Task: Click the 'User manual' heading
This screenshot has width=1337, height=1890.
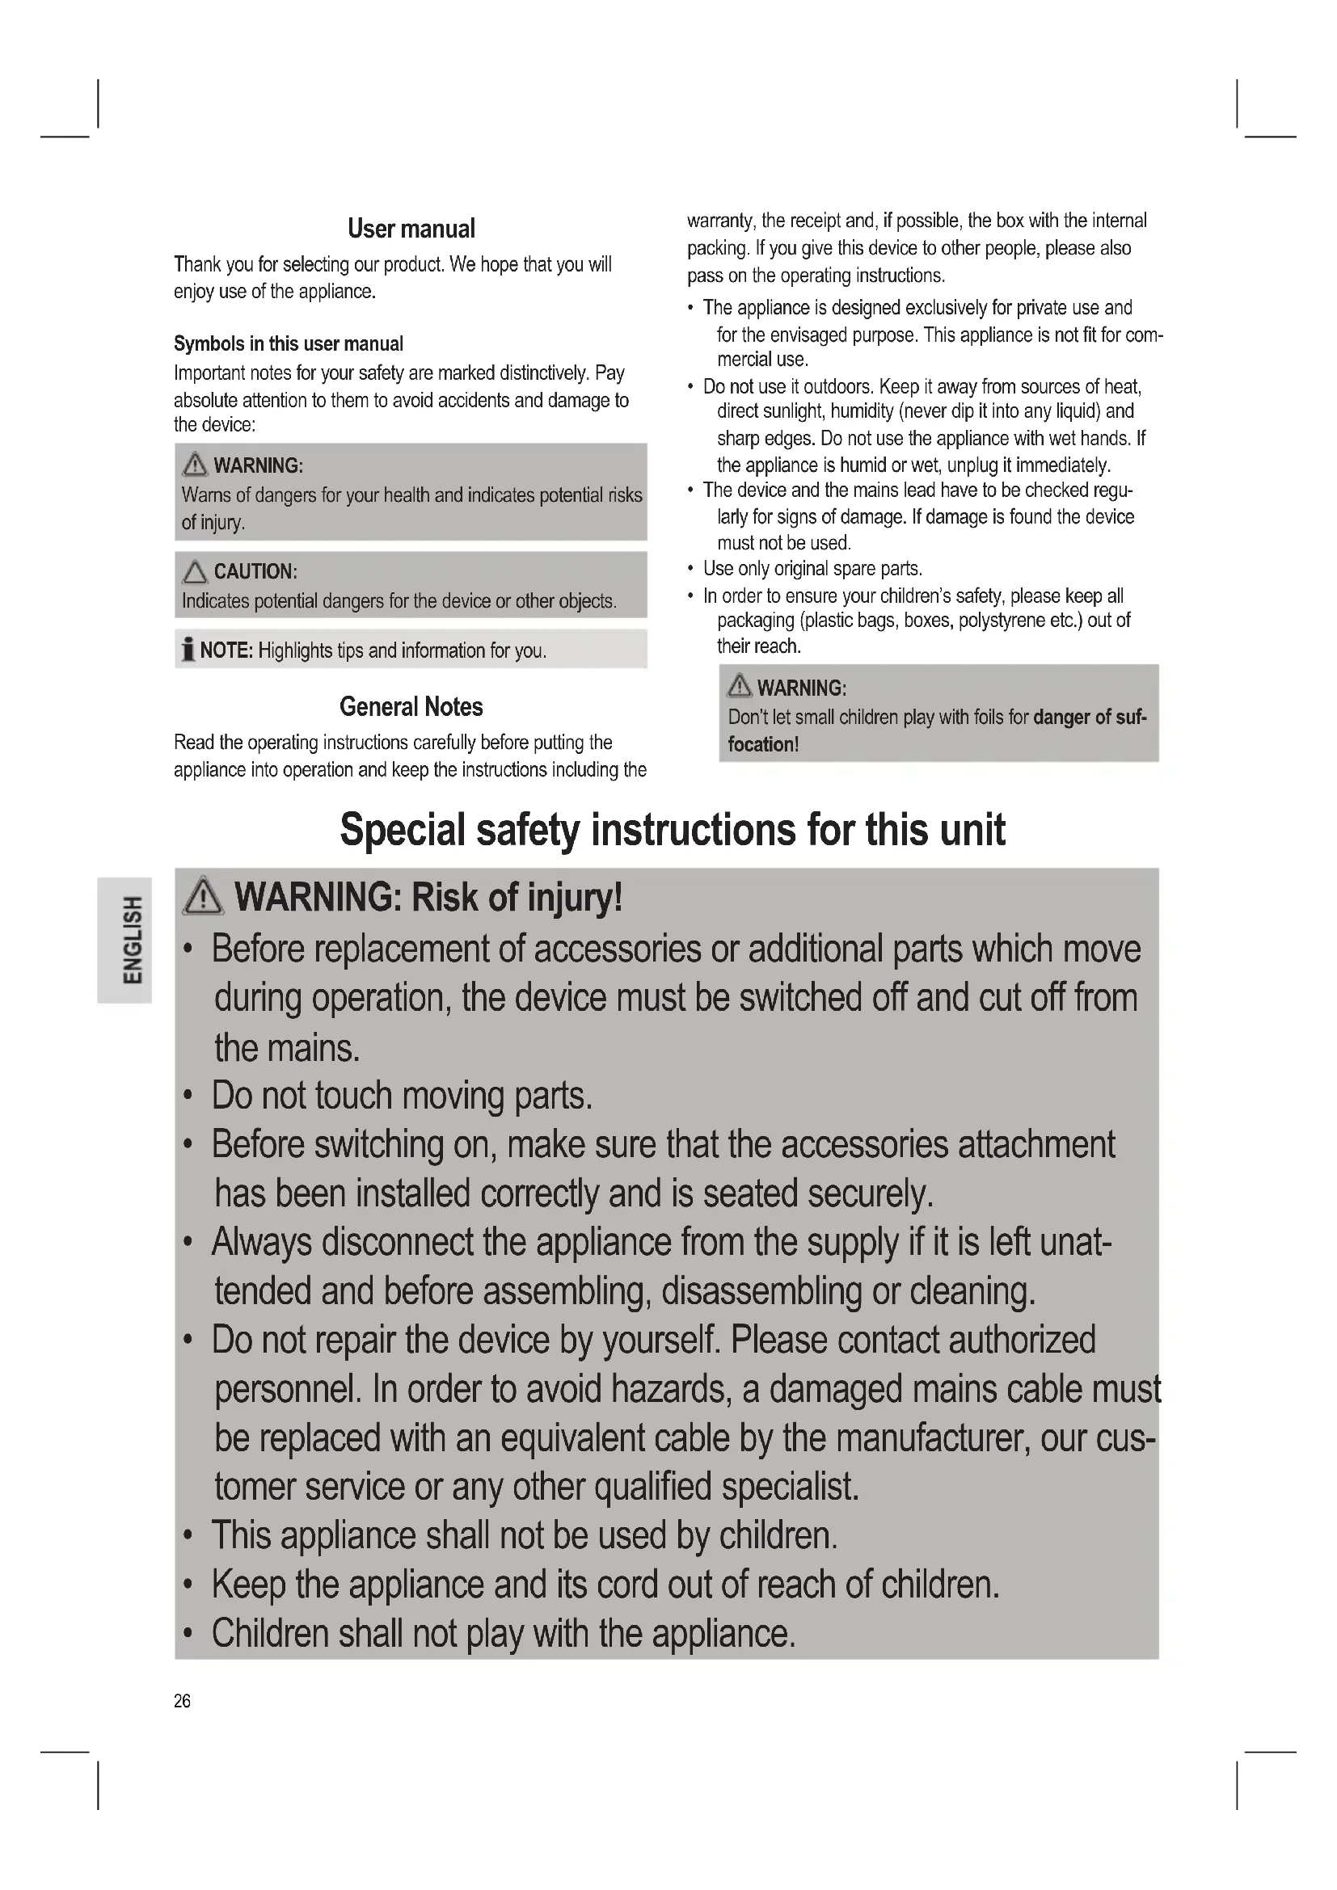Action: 411,229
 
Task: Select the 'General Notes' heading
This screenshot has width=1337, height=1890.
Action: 411,706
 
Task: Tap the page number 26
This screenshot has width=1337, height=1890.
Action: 182,1701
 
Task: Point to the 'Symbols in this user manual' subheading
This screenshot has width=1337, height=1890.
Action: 288,343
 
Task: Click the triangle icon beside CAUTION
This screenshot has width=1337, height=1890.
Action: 195,571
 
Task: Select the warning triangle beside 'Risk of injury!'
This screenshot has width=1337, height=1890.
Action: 203,896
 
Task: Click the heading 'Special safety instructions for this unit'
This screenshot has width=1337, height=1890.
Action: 672,829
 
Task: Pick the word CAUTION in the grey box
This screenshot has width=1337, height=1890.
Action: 255,571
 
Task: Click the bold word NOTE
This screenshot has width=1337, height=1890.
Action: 226,650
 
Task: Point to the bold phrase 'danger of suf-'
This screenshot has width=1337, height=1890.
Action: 1089,717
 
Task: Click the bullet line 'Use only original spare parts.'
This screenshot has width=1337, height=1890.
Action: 812,569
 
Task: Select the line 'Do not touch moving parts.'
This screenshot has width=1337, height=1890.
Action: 402,1096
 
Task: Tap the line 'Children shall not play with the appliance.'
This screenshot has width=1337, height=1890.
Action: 503,1633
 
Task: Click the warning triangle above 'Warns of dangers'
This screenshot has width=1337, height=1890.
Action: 195,465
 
